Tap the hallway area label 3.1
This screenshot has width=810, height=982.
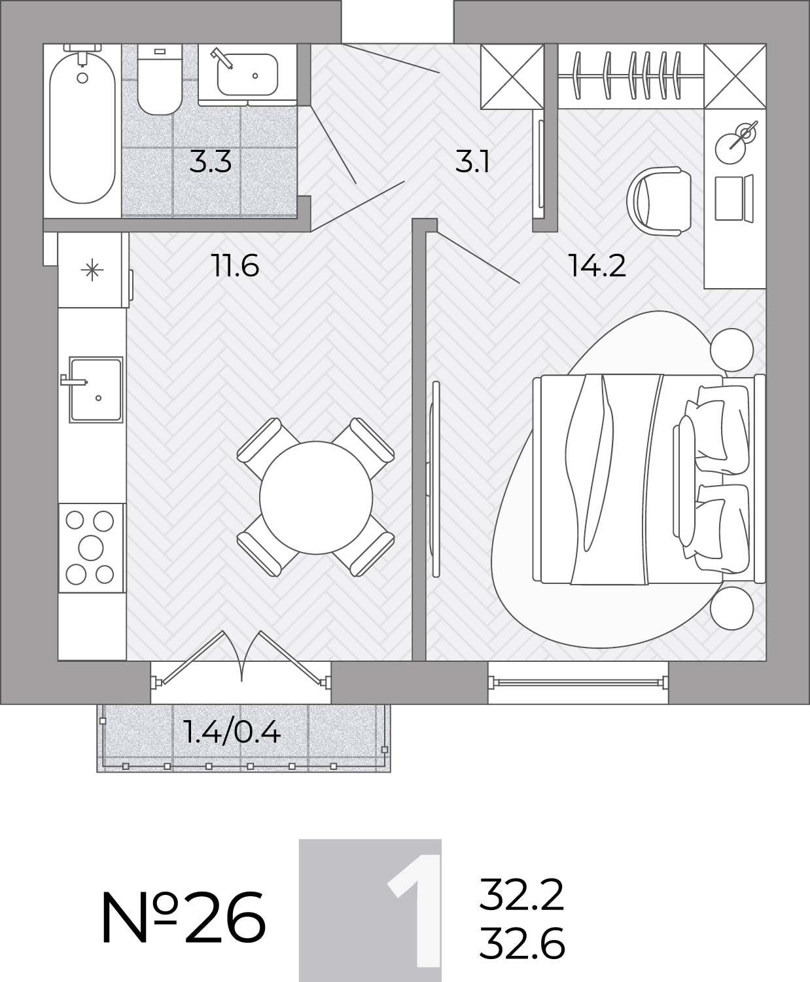(472, 162)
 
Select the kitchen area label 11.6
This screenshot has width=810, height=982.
(235, 266)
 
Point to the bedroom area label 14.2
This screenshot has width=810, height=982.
(597, 266)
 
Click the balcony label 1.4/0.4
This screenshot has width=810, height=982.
(233, 733)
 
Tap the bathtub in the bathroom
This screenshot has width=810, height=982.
(82, 127)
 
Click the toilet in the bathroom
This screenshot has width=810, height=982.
(160, 80)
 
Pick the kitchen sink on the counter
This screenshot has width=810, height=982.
(96, 390)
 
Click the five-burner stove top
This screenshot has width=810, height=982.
(91, 548)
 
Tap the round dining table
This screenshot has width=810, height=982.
(316, 498)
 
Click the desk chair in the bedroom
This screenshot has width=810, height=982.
(659, 201)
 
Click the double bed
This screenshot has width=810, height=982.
(649, 479)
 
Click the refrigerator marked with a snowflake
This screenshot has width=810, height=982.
(93, 270)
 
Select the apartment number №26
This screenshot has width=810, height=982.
(183, 918)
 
